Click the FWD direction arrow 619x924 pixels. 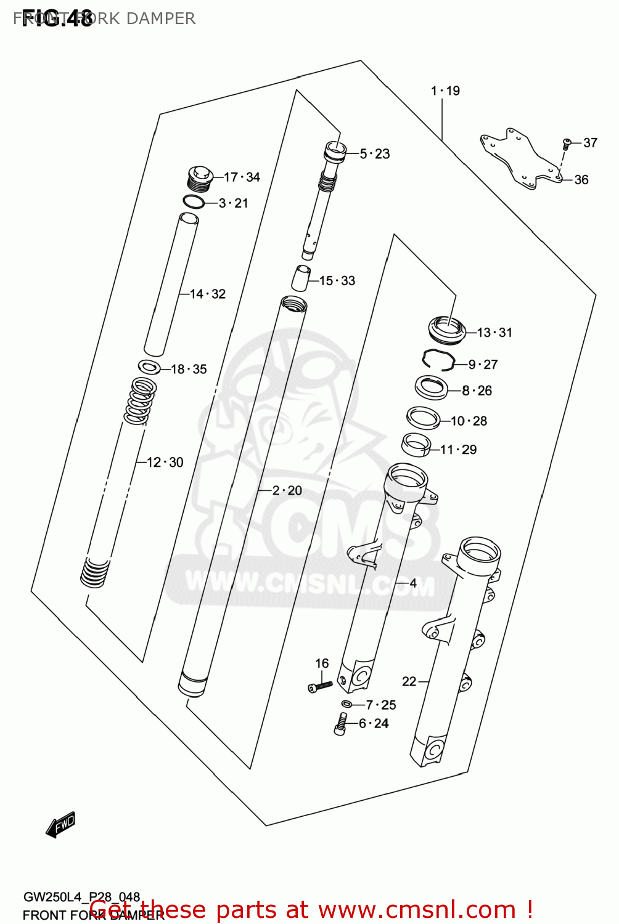coord(60,825)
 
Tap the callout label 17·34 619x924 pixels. coord(242,177)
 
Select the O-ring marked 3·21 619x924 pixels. coord(194,201)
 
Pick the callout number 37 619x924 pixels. coord(590,143)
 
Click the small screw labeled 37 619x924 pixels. coord(567,145)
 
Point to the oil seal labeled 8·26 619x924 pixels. coord(431,387)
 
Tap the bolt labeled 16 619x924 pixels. coord(320,686)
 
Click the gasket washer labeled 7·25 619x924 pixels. coord(347,703)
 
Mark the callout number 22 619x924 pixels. coord(409,681)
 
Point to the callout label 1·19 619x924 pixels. coord(445,91)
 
